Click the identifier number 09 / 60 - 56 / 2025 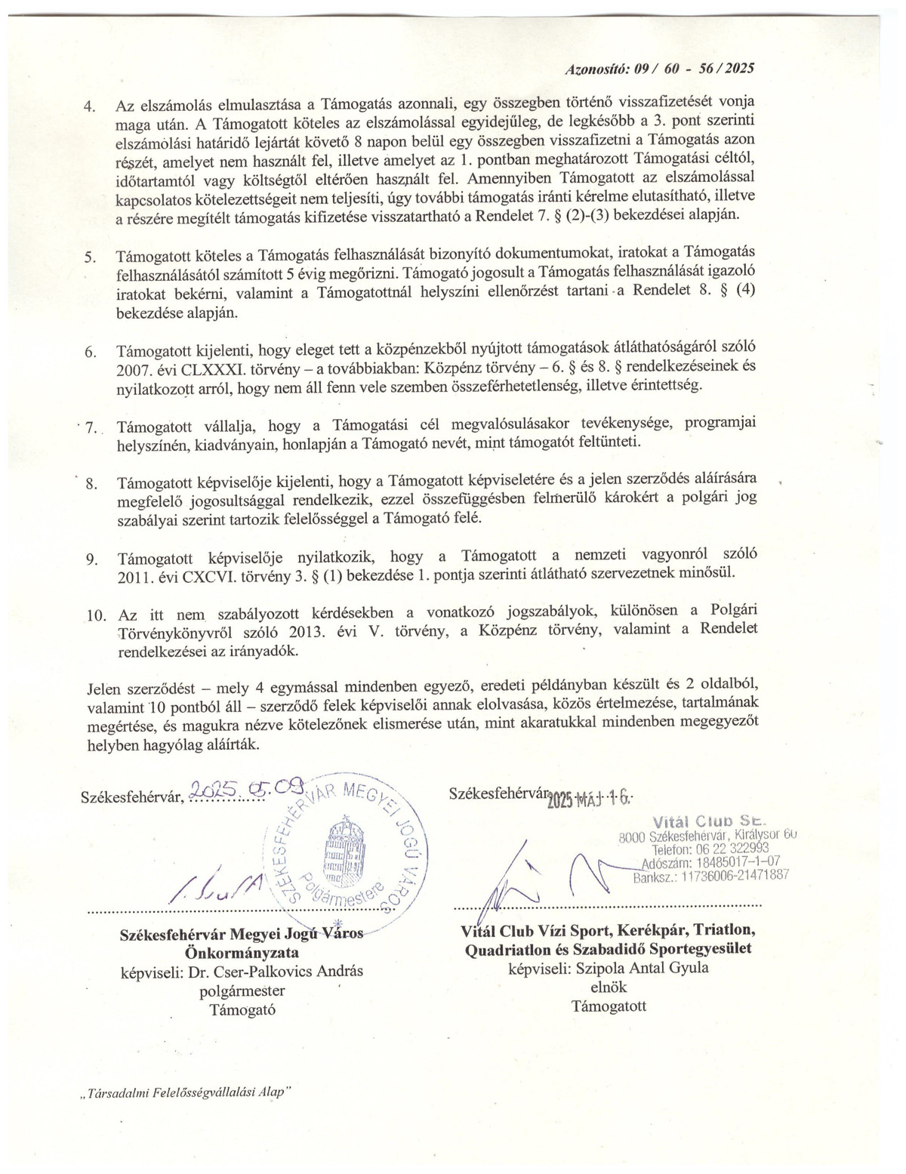point(694,67)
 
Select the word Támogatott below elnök point(609,1006)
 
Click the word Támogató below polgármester point(242,1009)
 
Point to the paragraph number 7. point(93,427)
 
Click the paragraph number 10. point(95,615)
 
